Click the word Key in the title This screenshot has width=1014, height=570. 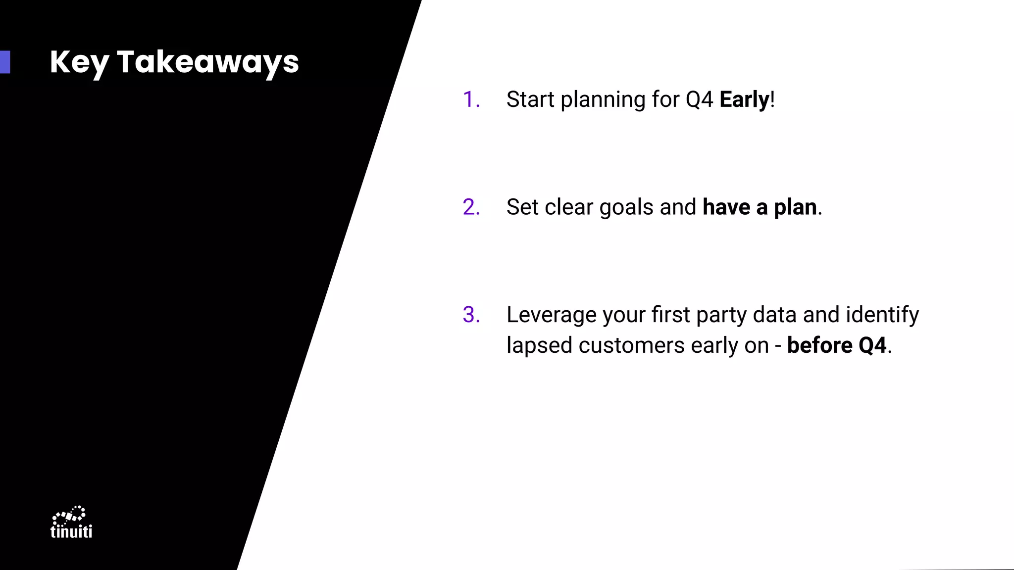[79, 62]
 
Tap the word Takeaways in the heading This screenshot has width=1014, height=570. [207, 62]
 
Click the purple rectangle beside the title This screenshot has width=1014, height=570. [5, 62]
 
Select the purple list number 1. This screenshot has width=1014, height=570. [470, 99]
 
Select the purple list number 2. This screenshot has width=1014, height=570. [471, 207]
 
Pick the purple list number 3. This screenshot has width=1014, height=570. [471, 315]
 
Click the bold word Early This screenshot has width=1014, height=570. [744, 99]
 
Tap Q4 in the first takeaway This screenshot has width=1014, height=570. [699, 100]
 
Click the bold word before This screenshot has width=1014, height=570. [819, 345]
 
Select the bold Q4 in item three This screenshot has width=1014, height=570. [872, 345]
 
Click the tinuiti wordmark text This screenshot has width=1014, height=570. [71, 531]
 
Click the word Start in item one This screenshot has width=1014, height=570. [530, 99]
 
